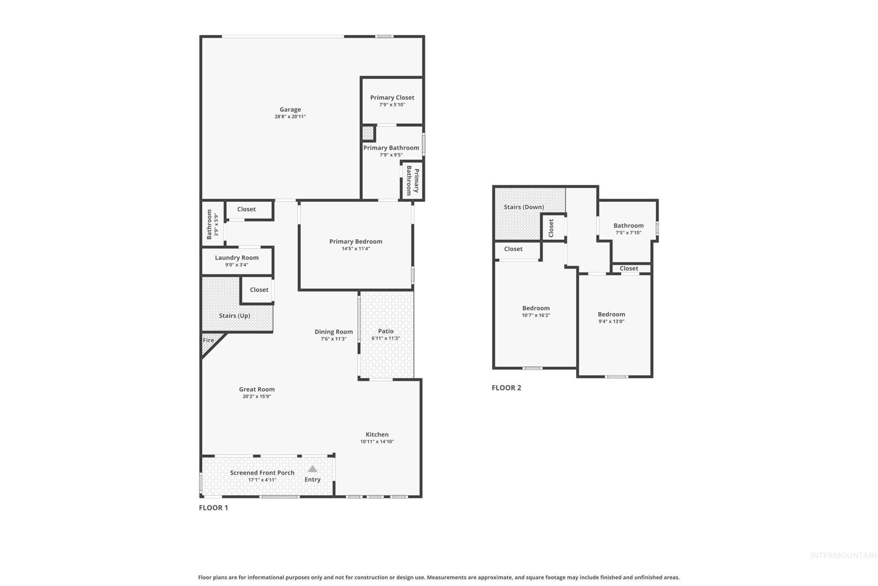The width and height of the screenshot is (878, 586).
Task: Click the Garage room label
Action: [x=290, y=110]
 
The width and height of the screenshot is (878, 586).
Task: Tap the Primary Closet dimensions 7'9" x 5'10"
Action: [x=392, y=105]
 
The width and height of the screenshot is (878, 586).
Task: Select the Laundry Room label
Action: [x=237, y=258]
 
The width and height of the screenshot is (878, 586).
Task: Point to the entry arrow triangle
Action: [x=312, y=469]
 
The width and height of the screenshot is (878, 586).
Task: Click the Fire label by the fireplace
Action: [x=208, y=340]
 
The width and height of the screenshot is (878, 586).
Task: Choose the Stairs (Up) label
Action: [x=234, y=316]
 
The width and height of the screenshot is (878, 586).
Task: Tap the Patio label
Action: [x=386, y=331]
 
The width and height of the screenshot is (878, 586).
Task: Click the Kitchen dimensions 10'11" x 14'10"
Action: [x=377, y=442]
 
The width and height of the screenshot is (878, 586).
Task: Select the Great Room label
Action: [x=257, y=390]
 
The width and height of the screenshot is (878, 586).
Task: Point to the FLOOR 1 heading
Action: [x=213, y=507]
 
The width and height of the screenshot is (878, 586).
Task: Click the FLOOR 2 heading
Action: [x=506, y=388]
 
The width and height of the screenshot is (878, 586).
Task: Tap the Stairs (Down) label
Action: [x=524, y=207]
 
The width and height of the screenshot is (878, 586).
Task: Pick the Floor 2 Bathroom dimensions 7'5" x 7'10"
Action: [x=628, y=233]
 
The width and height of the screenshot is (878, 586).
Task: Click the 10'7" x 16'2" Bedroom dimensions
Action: [x=536, y=315]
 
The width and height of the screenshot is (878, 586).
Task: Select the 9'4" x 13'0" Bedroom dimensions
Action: [x=611, y=321]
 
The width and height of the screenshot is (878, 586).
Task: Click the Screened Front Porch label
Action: [x=262, y=473]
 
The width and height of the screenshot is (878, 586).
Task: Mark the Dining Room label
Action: [x=333, y=332]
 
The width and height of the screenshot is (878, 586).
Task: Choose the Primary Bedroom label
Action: [x=356, y=241]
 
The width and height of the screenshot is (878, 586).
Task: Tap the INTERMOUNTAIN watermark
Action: [x=843, y=556]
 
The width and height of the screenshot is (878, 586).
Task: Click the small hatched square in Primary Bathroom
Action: [x=367, y=133]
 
